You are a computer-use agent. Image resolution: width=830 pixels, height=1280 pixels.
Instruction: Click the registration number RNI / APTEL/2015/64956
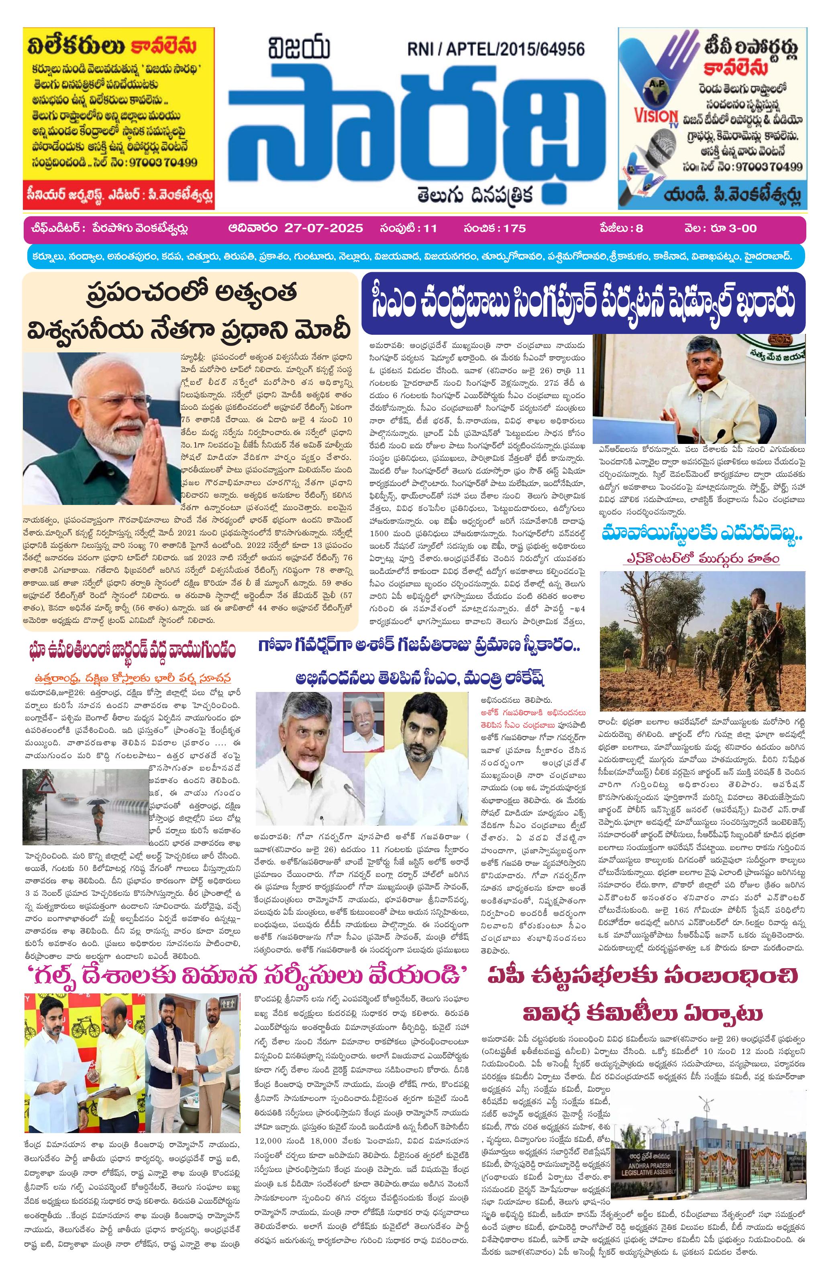pos(496,49)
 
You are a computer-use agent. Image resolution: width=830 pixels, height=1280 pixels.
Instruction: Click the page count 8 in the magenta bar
pos(639,228)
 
